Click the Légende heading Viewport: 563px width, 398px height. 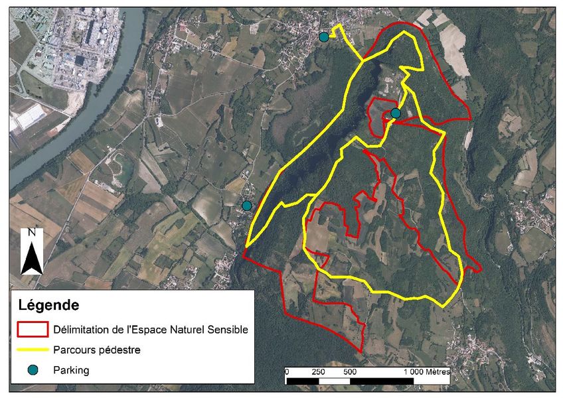48,306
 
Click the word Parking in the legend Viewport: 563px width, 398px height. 71,370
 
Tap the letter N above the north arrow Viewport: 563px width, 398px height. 31,233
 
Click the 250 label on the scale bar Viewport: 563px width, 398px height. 317,372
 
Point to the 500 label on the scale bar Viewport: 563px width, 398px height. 350,372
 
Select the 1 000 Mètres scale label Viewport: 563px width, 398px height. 426,372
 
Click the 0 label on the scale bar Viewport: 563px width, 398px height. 286,372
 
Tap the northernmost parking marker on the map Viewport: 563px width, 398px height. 324,37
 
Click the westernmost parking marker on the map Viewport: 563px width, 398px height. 247,206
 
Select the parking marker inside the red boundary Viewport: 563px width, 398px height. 396,113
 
